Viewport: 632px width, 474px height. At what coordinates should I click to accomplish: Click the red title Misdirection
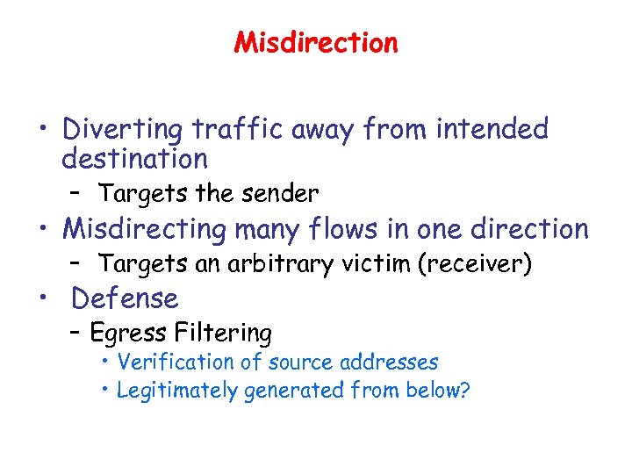tap(316, 43)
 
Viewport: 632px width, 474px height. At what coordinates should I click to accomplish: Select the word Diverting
tap(121, 130)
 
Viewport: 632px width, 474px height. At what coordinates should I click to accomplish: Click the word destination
tap(134, 160)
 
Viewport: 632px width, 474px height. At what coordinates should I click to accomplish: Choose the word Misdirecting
tap(145, 229)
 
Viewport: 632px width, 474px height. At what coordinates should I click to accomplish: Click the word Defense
tap(125, 299)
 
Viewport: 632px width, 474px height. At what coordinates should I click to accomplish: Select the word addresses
tap(389, 362)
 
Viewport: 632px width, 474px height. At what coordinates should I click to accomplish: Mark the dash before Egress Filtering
tap(76, 334)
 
